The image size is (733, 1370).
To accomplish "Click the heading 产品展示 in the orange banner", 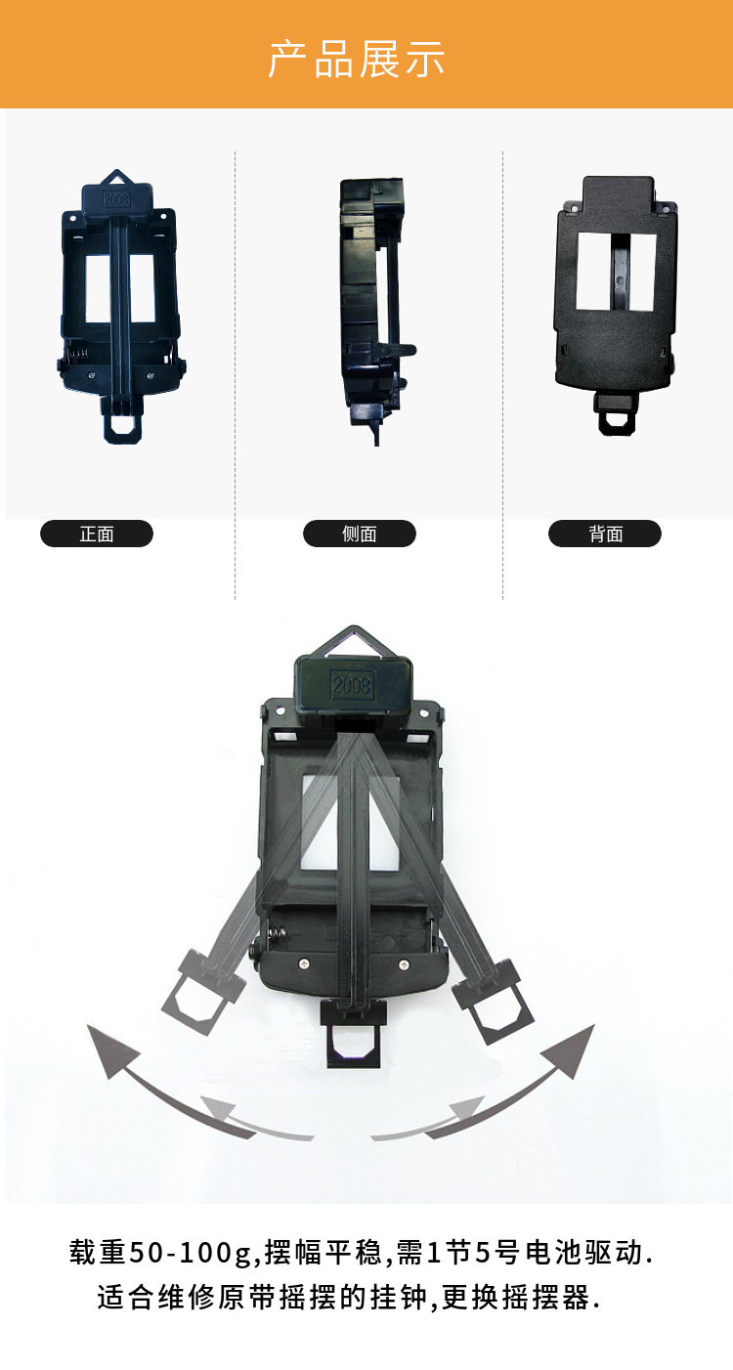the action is coord(357,60).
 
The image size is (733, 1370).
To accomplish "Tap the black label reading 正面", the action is coord(97,534).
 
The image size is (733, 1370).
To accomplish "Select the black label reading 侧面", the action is coord(359,534).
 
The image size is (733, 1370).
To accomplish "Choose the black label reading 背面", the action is coord(605,534).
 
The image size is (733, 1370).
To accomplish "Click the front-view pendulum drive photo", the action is coord(120,307).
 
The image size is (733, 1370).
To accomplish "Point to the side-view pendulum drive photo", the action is coord(375,311).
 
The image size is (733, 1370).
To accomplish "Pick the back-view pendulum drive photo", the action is coord(616,305).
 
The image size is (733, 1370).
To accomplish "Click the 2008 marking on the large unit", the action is coord(352,684).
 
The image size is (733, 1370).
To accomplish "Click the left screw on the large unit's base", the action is coord(304,963).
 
